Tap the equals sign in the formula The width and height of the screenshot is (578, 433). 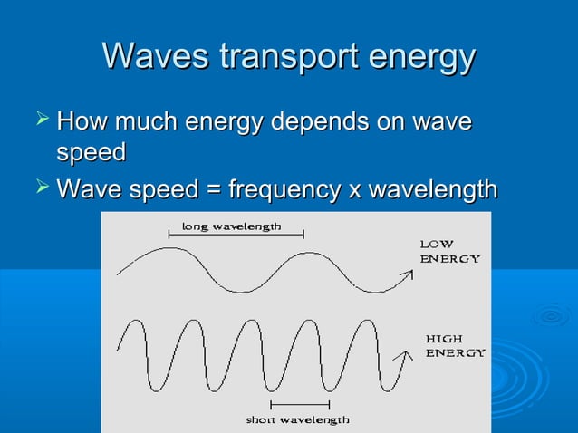pyautogui.click(x=211, y=191)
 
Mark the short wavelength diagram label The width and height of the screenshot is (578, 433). pyautogui.click(x=297, y=419)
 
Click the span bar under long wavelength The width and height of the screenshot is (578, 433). pyautogui.click(x=236, y=236)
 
